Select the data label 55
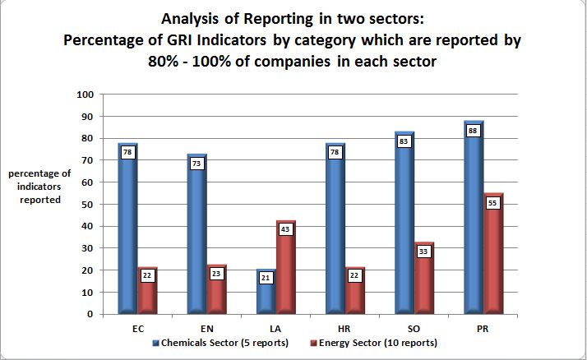[494, 202]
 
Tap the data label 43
[285, 228]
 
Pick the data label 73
[196, 164]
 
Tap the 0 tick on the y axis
[88, 314]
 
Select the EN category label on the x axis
[207, 326]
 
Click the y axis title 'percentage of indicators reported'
[39, 187]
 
